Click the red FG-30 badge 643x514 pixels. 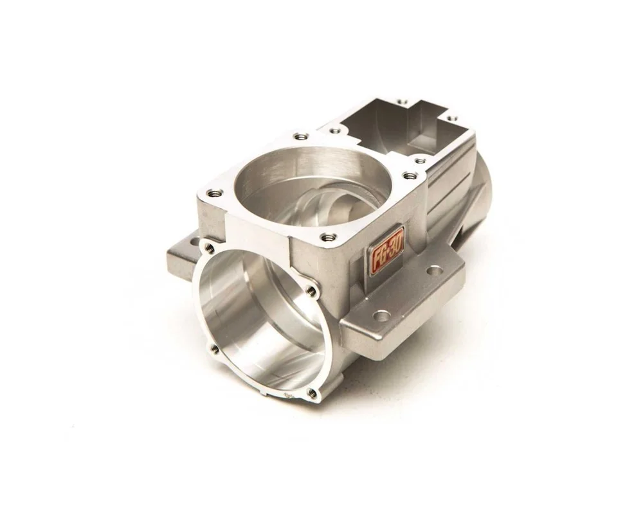(387, 251)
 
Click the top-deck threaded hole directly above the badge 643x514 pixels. (329, 236)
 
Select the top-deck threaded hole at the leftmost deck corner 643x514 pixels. (215, 192)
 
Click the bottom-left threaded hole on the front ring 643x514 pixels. (213, 350)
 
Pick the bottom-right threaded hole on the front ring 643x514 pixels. (313, 393)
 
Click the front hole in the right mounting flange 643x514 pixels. (381, 316)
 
